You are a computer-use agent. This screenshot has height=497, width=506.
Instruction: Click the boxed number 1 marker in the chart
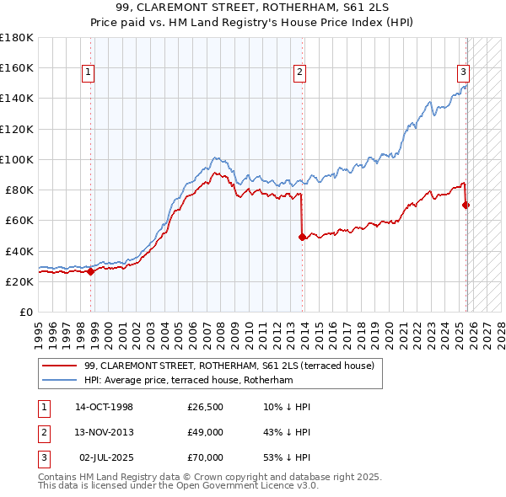point(88,73)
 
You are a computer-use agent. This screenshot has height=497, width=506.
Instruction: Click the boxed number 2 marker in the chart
point(299,73)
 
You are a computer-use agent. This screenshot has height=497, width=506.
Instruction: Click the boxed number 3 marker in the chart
point(463,72)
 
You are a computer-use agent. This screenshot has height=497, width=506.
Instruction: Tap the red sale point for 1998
point(91,271)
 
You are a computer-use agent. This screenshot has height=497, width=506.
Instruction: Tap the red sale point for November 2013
point(302,237)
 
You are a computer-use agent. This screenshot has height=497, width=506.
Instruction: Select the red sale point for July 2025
point(466,205)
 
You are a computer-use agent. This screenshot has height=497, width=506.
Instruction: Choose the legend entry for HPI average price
point(188,381)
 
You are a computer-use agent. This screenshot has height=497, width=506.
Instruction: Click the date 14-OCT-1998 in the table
point(104,407)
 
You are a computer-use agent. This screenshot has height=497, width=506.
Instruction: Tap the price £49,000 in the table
point(205,432)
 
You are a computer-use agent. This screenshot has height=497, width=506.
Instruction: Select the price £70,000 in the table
point(205,457)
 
